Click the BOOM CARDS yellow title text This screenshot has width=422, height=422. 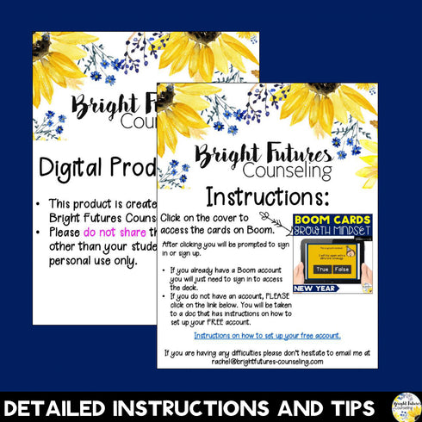(332, 220)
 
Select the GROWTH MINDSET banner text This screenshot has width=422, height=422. (332, 232)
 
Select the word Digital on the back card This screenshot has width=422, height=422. (75, 167)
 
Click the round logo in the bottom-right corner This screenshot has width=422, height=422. (406, 405)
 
